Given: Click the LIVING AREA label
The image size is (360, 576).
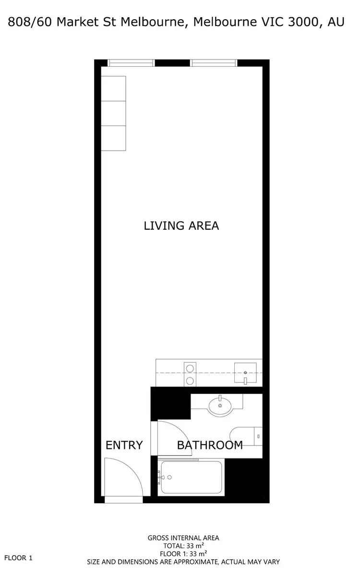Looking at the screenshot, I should click(181, 225).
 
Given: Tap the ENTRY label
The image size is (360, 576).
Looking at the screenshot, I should click(124, 445).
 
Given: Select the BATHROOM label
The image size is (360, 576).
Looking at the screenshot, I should click(210, 445).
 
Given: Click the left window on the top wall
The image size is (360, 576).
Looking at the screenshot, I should click(131, 63).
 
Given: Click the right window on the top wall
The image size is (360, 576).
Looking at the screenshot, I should click(214, 63).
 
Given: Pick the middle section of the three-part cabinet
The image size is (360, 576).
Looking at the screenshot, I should click(114, 113).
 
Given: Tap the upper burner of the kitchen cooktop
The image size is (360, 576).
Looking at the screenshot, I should click(190, 369).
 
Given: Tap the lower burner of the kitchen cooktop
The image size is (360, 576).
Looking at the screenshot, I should click(190, 381).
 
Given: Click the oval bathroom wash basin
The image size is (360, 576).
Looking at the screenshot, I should click(220, 406).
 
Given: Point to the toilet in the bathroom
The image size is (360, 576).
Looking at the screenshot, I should click(246, 436).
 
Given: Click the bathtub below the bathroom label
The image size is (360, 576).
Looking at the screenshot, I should click(191, 477).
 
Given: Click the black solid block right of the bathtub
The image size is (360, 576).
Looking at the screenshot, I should click(243, 477).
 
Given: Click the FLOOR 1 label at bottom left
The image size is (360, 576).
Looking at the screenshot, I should click(18, 558).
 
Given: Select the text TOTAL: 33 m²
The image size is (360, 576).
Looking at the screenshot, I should click(183, 546).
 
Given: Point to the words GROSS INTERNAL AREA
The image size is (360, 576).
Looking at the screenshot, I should click(183, 538).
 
